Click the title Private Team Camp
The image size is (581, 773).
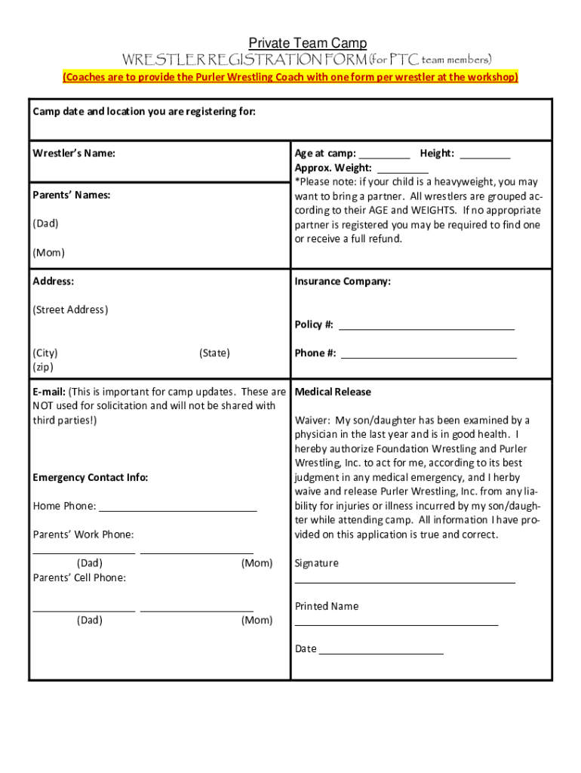point(308,44)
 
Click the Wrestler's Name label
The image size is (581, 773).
point(74,153)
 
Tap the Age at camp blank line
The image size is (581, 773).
point(384,157)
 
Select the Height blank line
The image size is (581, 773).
point(484,157)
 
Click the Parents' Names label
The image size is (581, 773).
point(71,195)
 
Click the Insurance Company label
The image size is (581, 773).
point(343,282)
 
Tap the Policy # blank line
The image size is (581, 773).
point(426,328)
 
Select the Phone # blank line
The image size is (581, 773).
point(429,356)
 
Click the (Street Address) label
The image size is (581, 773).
point(70,310)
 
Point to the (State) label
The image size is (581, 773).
point(214,353)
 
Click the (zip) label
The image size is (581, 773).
point(44,367)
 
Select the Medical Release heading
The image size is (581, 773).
point(333,392)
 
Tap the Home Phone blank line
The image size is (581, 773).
point(177,510)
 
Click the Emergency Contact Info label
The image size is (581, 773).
point(91,477)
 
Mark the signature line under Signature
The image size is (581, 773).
point(404,582)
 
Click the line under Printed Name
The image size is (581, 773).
point(396,624)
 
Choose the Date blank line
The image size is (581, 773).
point(381,653)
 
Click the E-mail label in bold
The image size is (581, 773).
point(49,392)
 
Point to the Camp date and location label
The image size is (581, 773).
point(144,112)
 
